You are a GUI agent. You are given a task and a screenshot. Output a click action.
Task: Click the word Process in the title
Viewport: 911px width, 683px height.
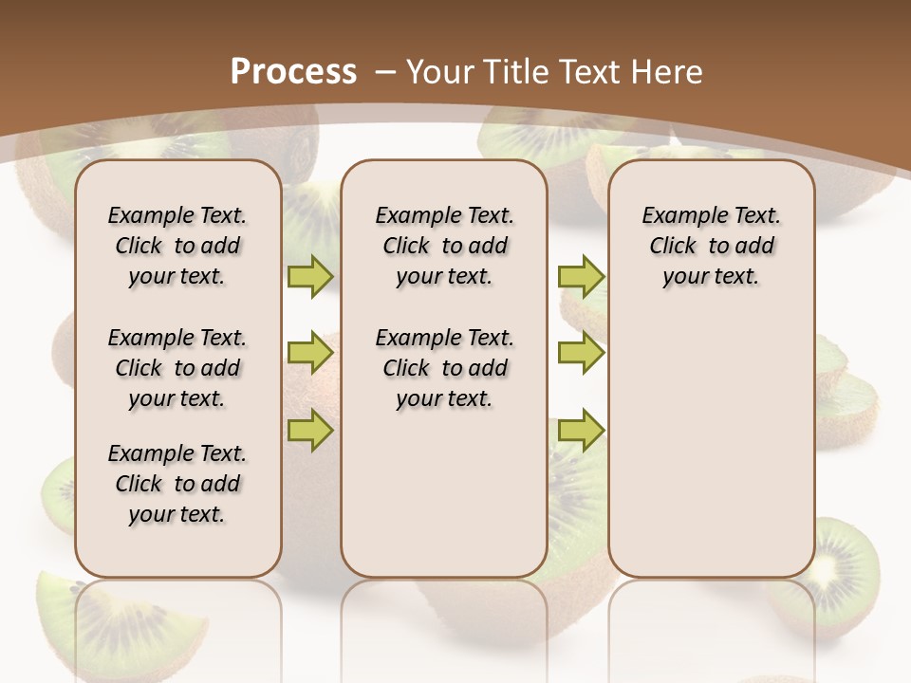[x=293, y=72]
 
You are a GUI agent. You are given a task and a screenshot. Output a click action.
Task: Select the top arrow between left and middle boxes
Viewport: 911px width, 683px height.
[x=310, y=276]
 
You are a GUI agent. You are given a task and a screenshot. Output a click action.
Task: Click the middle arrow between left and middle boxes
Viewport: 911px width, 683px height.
[x=310, y=353]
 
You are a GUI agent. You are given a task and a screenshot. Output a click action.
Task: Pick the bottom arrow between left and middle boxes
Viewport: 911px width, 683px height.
[x=310, y=430]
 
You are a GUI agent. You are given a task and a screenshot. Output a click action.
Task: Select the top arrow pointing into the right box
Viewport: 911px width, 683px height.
[x=581, y=276]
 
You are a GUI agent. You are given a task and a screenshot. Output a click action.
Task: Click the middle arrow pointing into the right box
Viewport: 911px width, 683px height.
[x=581, y=353]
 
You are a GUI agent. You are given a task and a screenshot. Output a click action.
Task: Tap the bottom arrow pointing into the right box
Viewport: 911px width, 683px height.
[x=581, y=430]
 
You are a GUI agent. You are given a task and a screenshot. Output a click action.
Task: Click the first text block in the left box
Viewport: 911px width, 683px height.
[x=177, y=246]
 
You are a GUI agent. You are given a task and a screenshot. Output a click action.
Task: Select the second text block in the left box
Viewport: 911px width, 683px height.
[x=177, y=368]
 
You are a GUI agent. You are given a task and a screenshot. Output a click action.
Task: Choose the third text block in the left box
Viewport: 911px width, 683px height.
[x=177, y=484]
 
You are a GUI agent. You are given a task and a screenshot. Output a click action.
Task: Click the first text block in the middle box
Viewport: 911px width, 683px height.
[x=444, y=246]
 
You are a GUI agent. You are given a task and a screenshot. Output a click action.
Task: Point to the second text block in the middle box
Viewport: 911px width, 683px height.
[x=444, y=368]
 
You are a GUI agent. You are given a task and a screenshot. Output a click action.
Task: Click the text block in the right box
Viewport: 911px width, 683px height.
[x=712, y=246]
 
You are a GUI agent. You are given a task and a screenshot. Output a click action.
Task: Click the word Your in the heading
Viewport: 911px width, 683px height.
[x=440, y=72]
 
